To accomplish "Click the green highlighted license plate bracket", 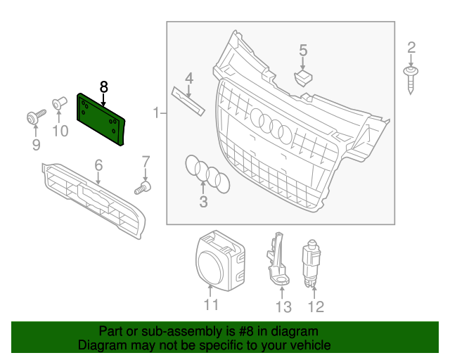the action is click(101, 119).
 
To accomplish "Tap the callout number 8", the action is click(103, 87).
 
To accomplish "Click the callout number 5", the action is click(303, 50).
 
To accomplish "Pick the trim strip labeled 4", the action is click(188, 101).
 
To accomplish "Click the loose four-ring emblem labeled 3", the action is click(207, 174).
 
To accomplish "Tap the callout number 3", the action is click(203, 202).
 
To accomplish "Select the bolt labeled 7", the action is click(143, 188).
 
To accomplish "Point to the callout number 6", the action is click(98, 165).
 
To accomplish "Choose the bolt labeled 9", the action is click(36, 117).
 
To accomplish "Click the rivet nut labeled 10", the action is click(59, 103).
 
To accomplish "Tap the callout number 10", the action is click(60, 131).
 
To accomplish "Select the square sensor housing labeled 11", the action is click(220, 261).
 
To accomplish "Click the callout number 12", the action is click(316, 307).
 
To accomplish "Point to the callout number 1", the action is click(156, 112).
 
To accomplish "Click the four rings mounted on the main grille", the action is click(271, 125).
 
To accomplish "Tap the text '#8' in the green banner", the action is click(246, 331).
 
